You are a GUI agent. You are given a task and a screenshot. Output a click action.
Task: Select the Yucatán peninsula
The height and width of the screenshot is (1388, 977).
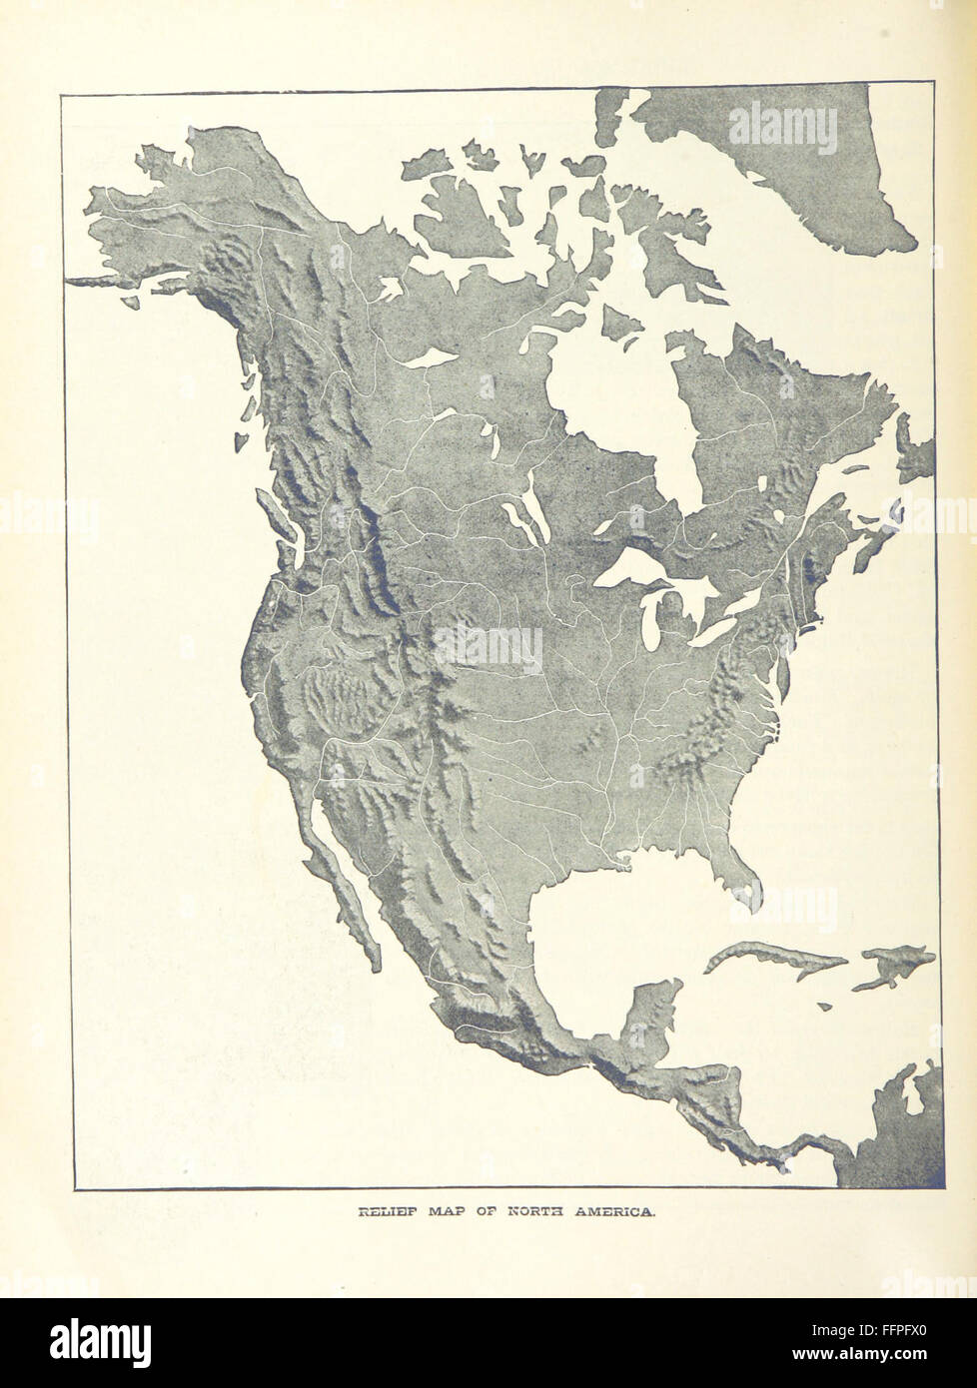pos(655,1009)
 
